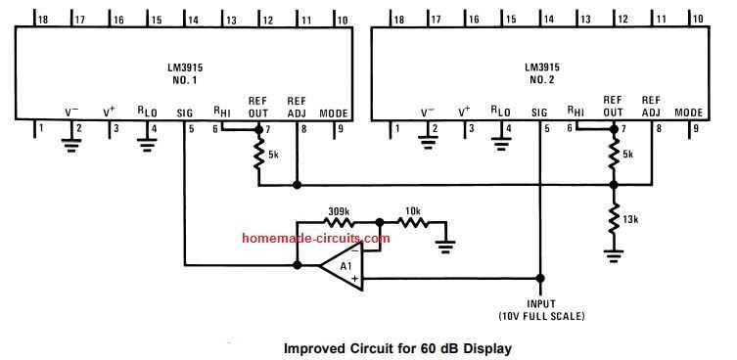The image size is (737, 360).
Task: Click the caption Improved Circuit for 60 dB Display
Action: point(396,347)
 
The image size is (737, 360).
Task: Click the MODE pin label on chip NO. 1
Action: point(333,112)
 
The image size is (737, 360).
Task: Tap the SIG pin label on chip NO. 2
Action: point(539,112)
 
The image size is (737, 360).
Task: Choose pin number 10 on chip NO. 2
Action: point(699,19)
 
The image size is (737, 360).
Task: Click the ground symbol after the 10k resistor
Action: point(447,245)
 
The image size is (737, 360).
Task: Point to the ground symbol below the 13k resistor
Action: point(614,255)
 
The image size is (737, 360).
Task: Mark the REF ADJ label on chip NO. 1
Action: point(298,107)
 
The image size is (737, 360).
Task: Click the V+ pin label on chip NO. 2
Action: point(464,112)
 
